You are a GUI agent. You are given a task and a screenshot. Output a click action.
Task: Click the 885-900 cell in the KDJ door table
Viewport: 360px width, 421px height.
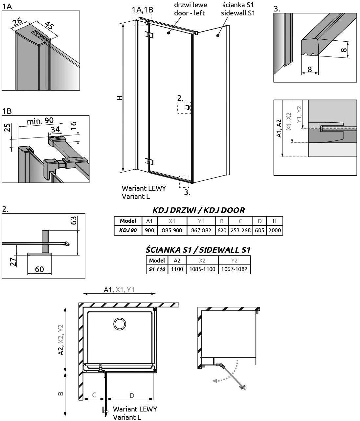[x=172, y=230]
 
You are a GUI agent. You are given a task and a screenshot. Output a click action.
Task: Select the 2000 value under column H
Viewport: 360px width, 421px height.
[x=275, y=230]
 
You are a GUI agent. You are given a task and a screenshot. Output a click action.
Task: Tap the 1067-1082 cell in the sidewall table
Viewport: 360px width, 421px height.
[x=234, y=269]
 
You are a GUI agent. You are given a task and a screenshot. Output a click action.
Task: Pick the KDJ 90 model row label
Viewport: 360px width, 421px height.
[x=128, y=230]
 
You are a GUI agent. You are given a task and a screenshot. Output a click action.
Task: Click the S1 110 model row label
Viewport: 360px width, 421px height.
[x=157, y=269]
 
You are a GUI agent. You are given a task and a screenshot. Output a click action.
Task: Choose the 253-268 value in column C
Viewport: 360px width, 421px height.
[x=240, y=230]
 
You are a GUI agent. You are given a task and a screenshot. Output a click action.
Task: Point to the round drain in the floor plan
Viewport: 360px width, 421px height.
[x=120, y=324]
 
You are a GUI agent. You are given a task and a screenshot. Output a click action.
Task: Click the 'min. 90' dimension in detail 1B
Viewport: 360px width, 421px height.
[x=40, y=121]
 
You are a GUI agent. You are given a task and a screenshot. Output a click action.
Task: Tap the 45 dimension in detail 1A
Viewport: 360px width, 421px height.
[x=50, y=26]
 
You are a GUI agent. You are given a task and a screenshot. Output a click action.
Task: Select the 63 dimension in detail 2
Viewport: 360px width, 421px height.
[x=74, y=221]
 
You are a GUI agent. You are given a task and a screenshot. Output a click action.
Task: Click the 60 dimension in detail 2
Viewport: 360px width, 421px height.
[x=39, y=269]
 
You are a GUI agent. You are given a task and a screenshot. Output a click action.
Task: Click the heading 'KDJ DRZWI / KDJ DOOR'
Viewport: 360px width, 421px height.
[x=198, y=210]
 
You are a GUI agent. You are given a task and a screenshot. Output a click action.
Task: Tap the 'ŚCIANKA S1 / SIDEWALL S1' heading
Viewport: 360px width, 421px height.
[x=198, y=250]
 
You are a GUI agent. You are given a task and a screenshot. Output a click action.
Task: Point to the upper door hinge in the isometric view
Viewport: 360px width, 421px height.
[x=149, y=35]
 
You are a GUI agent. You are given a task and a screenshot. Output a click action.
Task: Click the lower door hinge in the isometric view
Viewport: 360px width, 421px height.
[x=149, y=161]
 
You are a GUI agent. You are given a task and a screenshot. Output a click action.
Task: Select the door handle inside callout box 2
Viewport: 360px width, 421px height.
[x=187, y=107]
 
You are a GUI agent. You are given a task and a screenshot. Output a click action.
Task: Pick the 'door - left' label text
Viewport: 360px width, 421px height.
[x=190, y=13]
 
